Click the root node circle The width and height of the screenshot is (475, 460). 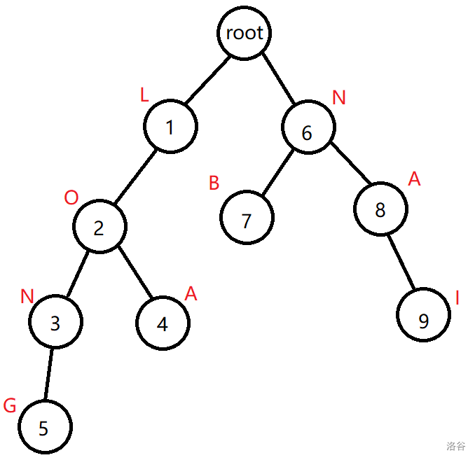point(244,32)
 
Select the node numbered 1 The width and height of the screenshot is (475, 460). point(170,127)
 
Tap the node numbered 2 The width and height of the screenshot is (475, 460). point(99,227)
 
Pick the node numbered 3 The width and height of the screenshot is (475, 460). point(55,323)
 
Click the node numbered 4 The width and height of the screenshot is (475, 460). point(163,323)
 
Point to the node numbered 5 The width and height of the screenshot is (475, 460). point(44,427)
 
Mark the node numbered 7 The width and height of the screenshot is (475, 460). point(246,220)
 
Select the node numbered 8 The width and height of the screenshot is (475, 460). point(380,210)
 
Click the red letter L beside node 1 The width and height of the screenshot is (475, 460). point(144,96)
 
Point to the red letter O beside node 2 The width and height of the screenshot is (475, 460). point(71,197)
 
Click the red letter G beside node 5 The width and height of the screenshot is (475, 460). point(10,406)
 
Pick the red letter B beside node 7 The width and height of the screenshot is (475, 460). point(214,183)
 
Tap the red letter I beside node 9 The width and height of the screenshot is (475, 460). point(457,299)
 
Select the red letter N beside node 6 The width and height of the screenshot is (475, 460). point(339,97)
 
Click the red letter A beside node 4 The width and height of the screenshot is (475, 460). point(191,295)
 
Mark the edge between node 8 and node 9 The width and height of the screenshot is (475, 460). point(402,263)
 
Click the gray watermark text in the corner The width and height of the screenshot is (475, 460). point(455,445)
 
